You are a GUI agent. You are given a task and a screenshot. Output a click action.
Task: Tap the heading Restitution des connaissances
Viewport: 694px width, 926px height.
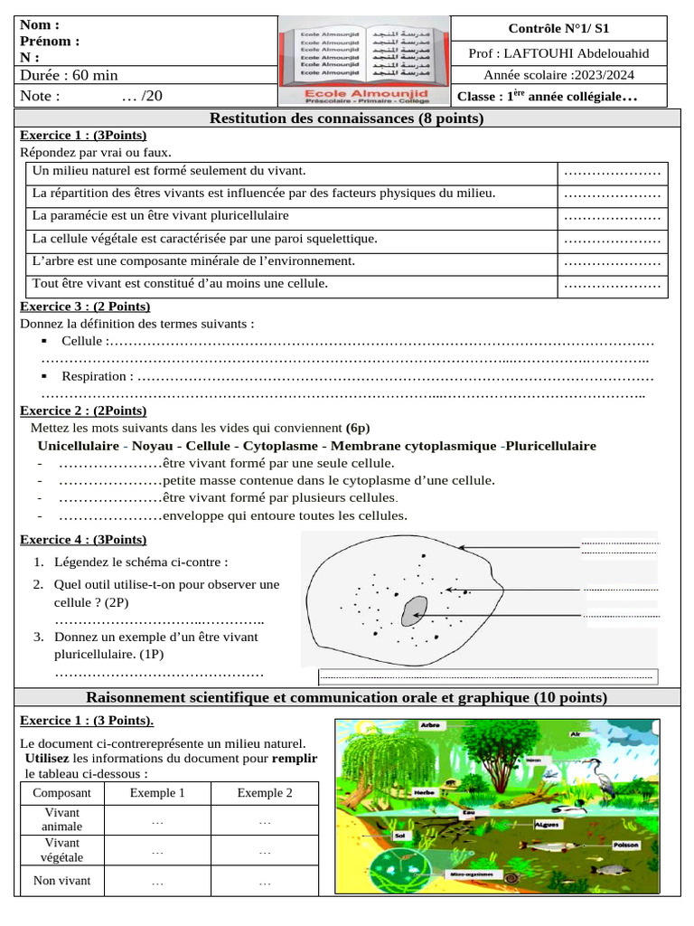(x=346, y=118)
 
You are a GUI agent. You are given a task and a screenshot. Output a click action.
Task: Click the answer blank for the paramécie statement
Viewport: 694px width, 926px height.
(x=612, y=217)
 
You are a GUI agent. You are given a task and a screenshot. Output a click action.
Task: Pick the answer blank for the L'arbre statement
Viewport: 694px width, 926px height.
(x=612, y=262)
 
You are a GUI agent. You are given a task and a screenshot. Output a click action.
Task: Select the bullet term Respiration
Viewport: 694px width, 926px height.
(x=98, y=375)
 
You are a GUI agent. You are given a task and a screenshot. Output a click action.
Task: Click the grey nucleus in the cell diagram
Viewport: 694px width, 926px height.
(x=415, y=610)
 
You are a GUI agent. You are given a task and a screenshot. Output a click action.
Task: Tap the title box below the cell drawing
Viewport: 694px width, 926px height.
(x=488, y=676)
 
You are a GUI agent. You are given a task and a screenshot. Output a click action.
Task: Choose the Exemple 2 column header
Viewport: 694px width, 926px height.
(x=265, y=793)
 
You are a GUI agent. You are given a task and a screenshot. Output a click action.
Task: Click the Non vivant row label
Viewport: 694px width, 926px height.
(x=61, y=881)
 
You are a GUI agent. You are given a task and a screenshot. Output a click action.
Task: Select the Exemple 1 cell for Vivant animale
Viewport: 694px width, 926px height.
(x=157, y=821)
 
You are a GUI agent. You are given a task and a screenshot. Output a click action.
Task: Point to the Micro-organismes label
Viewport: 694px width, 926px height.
(x=471, y=875)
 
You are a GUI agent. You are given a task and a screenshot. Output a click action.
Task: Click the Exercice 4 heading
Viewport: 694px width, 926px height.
(x=83, y=540)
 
